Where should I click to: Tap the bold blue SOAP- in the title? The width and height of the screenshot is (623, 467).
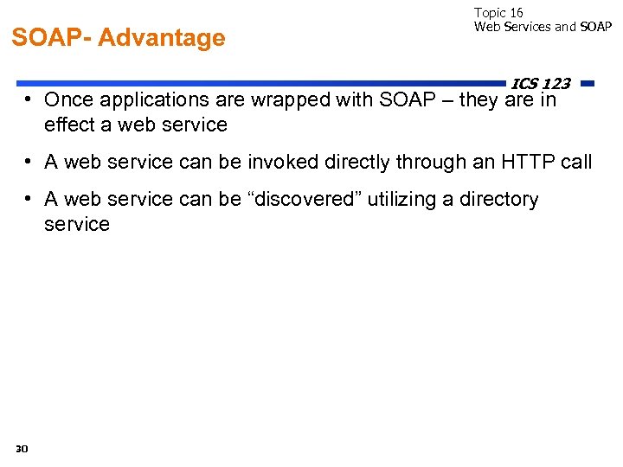pos(51,38)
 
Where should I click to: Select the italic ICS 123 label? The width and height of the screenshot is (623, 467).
pos(540,84)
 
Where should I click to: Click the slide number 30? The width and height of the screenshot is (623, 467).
pos(22,448)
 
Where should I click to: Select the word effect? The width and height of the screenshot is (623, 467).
pos(66,125)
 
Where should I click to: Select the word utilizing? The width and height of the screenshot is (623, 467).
pos(401,200)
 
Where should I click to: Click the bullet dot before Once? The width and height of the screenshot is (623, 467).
pos(29,99)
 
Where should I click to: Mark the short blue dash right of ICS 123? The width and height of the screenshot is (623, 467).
pos(588,84)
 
